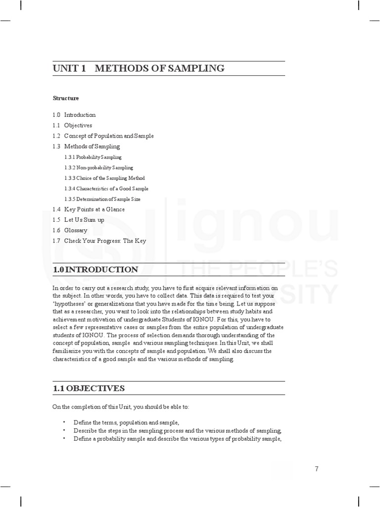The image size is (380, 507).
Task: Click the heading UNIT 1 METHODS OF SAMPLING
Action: (x=139, y=68)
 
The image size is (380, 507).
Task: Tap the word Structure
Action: (x=66, y=98)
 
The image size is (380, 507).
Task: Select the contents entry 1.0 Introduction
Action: (x=74, y=115)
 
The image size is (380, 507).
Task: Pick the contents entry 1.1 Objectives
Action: (x=72, y=125)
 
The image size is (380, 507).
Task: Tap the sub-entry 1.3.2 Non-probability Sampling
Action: (x=98, y=167)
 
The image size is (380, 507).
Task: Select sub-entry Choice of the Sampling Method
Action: (x=104, y=178)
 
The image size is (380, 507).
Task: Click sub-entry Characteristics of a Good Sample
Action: (x=106, y=189)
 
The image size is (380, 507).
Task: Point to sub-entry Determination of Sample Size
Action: (x=102, y=199)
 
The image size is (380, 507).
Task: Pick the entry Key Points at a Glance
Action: (x=89, y=209)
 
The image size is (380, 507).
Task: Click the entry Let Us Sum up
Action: (x=78, y=220)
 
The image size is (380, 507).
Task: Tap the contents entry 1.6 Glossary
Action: (x=70, y=230)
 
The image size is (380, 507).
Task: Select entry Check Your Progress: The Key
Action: (x=99, y=241)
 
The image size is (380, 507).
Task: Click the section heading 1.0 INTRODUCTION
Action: (x=95, y=269)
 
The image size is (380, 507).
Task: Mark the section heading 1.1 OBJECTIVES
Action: (x=89, y=388)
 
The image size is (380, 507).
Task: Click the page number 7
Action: (x=317, y=469)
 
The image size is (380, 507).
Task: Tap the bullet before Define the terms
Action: (x=64, y=422)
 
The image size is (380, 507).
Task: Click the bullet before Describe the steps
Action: (x=64, y=431)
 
